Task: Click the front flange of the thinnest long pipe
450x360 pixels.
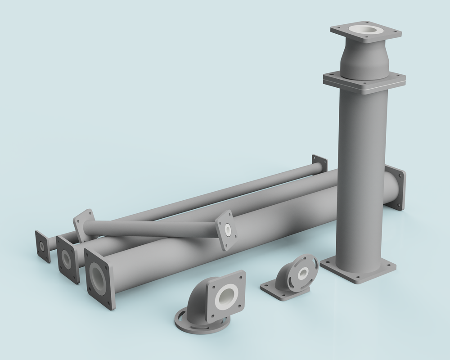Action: click(43, 246)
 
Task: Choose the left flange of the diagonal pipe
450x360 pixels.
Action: click(83, 225)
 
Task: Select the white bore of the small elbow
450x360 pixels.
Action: click(302, 273)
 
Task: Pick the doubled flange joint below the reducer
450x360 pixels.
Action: click(364, 82)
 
